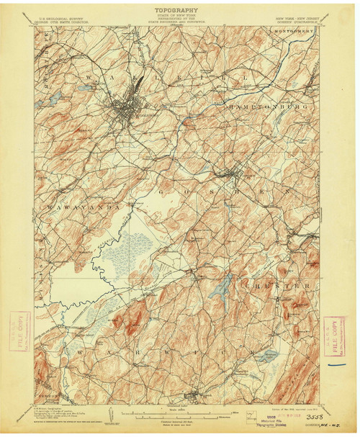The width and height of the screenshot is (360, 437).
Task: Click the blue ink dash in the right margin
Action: (x=336, y=364)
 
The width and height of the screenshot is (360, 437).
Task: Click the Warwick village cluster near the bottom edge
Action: (x=192, y=395)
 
